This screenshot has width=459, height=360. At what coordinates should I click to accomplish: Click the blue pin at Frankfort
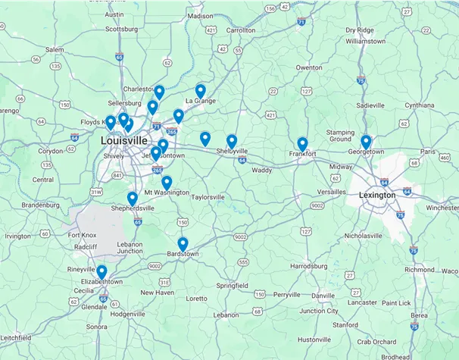[302, 143]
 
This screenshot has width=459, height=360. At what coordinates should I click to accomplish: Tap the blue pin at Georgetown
[366, 141]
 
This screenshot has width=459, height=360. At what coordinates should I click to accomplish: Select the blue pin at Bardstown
[183, 243]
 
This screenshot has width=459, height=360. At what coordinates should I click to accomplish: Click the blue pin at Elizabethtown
[101, 271]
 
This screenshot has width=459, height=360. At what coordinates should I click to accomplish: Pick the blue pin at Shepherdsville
[133, 198]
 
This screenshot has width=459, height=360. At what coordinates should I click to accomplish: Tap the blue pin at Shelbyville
[232, 140]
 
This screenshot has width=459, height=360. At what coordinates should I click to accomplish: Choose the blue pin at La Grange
[201, 90]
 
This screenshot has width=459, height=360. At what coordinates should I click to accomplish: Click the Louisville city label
[124, 141]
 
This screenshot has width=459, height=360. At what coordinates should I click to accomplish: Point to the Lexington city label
[377, 195]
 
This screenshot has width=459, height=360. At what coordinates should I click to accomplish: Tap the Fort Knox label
[82, 235]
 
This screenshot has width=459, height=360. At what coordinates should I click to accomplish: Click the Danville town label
[322, 295]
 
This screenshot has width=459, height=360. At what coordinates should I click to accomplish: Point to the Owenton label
[308, 67]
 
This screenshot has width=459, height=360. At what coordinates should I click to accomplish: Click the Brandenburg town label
[41, 205]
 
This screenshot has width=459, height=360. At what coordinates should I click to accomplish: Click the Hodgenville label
[127, 313]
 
